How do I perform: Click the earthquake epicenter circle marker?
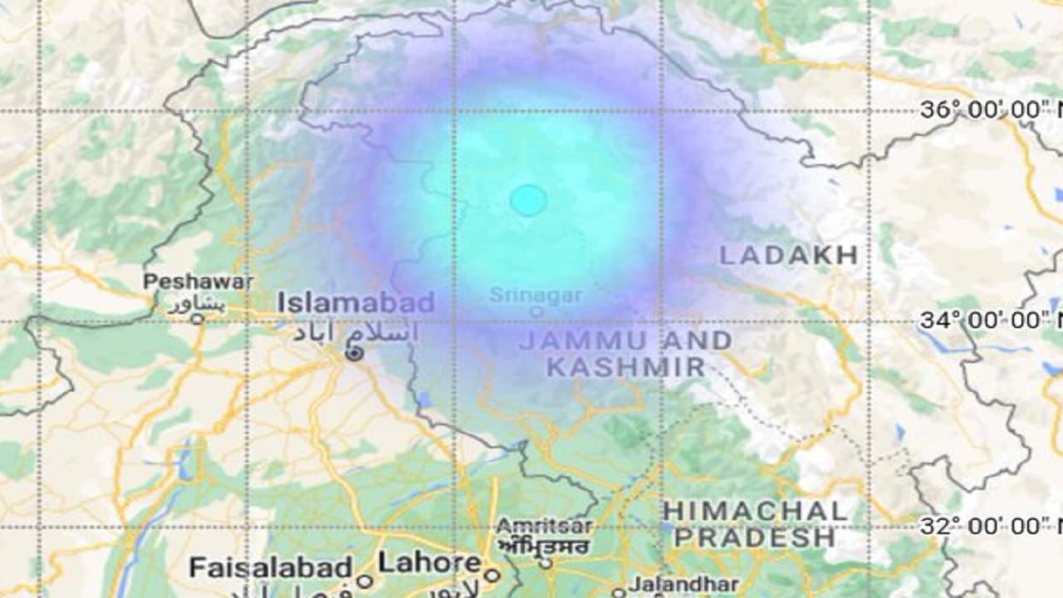point(528,200)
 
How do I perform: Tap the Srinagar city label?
point(536,295)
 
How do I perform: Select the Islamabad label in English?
point(355,302)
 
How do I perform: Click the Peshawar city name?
point(198,282)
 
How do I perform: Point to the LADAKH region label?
point(788,255)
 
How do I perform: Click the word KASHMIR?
point(625,366)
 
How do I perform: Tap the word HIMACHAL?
point(755,510)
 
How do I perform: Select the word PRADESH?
point(754,537)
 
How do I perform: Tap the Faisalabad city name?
point(271,568)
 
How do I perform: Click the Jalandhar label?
point(673,584)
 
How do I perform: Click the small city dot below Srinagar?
point(536,312)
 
